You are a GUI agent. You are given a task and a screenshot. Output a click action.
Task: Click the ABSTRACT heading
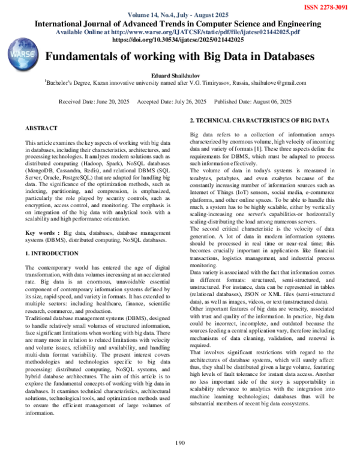[x=41, y=129]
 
